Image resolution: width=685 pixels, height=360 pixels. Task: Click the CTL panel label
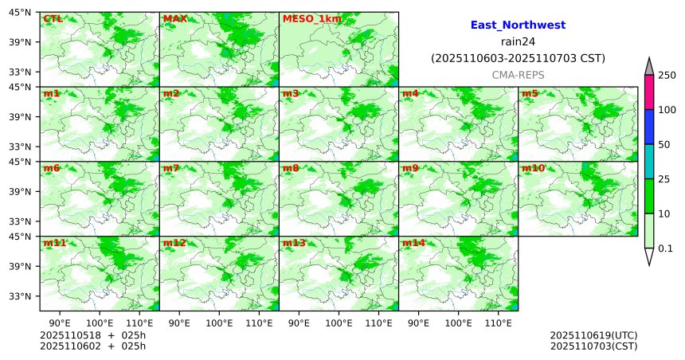(x=52, y=18)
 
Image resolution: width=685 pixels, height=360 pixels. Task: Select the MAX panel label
(x=174, y=18)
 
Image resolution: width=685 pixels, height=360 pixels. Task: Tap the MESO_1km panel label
(x=306, y=18)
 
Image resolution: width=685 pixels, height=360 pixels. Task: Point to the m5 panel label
(x=530, y=94)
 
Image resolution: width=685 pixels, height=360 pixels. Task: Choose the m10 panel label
(x=533, y=168)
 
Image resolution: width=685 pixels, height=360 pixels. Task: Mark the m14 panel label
(x=413, y=243)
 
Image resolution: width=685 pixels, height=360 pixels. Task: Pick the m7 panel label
(x=171, y=168)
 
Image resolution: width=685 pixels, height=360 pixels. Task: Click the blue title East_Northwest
(x=518, y=25)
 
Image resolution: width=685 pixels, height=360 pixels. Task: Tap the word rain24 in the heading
(x=518, y=41)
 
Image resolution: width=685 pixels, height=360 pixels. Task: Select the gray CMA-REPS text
(x=518, y=74)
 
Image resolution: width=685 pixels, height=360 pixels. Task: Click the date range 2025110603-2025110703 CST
(x=518, y=58)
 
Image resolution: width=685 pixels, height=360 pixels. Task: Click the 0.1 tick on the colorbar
(x=665, y=248)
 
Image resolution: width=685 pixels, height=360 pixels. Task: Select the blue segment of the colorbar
(x=649, y=127)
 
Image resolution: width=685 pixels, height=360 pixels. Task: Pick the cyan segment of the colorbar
(x=649, y=162)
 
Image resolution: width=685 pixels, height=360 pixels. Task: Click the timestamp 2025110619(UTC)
(x=593, y=335)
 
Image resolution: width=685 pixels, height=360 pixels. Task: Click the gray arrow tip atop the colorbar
(x=649, y=64)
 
